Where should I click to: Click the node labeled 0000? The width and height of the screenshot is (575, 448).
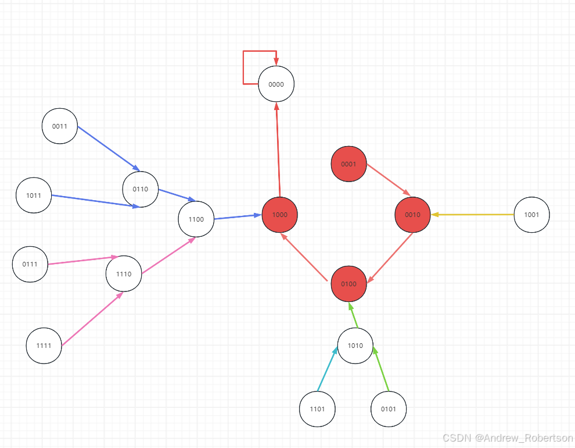(276, 84)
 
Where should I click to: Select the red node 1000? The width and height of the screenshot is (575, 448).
(279, 215)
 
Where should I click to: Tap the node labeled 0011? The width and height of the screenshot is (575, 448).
(60, 126)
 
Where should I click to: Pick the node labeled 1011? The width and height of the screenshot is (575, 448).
(34, 195)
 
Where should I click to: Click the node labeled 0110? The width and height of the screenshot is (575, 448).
(141, 189)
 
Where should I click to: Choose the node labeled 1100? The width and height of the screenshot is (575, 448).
(196, 219)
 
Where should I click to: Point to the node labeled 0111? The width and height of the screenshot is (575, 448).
(30, 264)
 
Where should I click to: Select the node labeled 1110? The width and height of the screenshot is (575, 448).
(124, 274)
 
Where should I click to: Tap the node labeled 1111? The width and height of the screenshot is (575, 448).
(44, 346)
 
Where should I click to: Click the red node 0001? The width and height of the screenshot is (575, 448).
(348, 164)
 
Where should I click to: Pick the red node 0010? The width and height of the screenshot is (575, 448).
(412, 215)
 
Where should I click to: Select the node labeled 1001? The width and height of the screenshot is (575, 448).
(531, 215)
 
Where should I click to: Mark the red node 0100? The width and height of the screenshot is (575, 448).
(348, 284)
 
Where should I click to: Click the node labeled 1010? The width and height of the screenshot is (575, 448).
(355, 346)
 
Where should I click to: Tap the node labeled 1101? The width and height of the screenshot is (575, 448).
(317, 409)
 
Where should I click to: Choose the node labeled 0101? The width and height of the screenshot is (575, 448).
(389, 409)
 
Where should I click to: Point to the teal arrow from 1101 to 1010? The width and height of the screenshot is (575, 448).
(327, 369)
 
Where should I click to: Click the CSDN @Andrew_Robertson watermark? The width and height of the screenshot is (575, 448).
(507, 438)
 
